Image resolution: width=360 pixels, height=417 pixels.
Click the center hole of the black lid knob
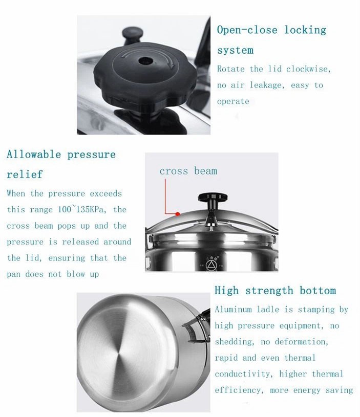click(145, 61)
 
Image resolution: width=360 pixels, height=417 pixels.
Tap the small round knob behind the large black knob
click(132, 34)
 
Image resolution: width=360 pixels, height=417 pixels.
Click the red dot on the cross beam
click(178, 213)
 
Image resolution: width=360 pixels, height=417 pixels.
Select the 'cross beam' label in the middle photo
click(188, 171)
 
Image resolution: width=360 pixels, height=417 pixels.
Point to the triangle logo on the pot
click(211, 265)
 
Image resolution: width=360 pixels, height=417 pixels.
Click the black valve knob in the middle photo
click(213, 197)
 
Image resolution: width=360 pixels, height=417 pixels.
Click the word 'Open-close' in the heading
click(247, 30)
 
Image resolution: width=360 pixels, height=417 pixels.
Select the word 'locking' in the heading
click(305, 30)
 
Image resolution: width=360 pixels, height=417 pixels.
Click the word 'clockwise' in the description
click(308, 69)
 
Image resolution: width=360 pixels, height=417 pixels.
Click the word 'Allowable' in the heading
click(34, 155)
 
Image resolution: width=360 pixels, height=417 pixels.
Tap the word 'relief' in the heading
click(25, 174)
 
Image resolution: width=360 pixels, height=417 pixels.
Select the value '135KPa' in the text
click(91, 210)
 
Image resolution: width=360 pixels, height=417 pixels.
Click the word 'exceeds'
click(105, 193)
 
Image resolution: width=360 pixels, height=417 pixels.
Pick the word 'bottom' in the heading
click(317, 291)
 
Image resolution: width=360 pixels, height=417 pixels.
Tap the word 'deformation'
click(302, 342)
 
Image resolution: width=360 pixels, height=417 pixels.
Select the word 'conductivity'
click(244, 374)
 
